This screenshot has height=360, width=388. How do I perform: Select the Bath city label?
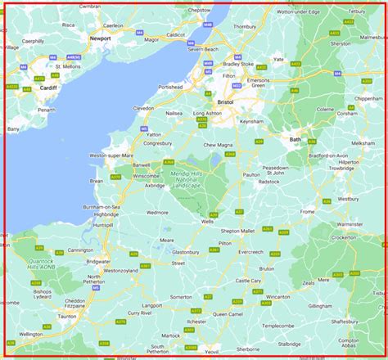click(x=295, y=140)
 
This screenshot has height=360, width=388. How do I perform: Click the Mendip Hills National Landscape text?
click(x=190, y=178)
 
